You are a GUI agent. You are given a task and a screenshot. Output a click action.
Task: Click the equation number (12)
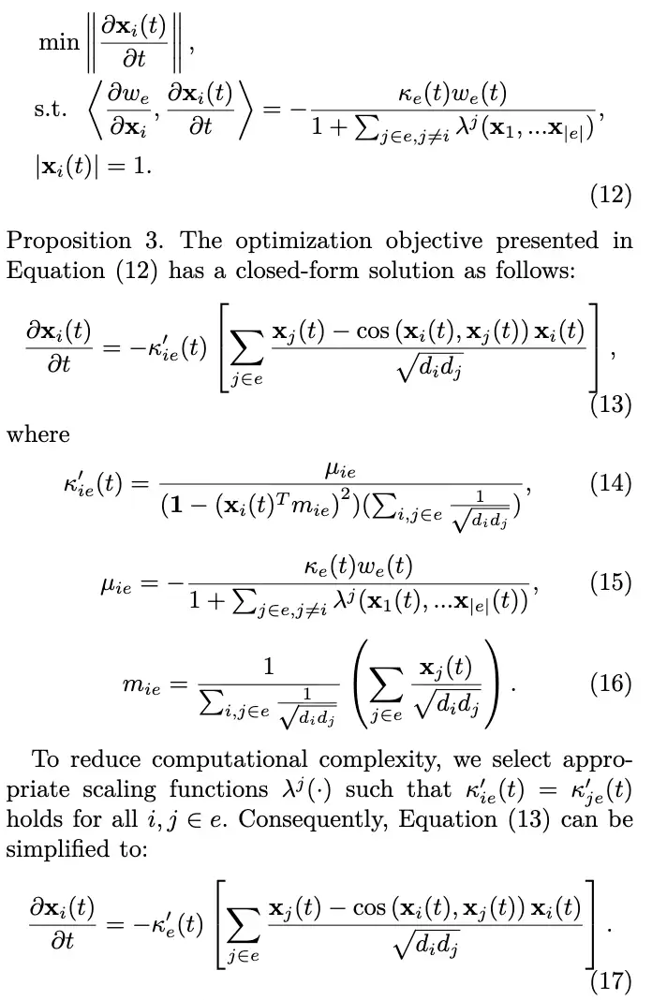(x=611, y=195)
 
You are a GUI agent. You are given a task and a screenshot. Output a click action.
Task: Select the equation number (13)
(x=611, y=404)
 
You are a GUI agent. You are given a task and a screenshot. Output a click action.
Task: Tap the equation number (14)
(x=611, y=483)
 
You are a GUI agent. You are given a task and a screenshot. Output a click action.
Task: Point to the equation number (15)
(x=611, y=582)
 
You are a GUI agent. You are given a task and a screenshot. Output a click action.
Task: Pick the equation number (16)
(x=611, y=683)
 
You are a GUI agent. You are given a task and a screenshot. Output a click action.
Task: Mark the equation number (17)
(x=611, y=980)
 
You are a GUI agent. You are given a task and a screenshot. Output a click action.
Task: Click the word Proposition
(x=68, y=242)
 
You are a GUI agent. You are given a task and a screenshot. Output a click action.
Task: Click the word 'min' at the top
(x=59, y=42)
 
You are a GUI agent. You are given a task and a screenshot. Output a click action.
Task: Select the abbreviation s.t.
(x=50, y=109)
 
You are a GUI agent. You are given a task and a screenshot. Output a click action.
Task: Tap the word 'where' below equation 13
(x=38, y=435)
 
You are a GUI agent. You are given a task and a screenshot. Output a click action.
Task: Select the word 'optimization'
(x=304, y=242)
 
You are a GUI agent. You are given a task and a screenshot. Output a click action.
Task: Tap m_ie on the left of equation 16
(x=141, y=686)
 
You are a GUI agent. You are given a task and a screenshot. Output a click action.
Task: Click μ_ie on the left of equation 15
(x=115, y=585)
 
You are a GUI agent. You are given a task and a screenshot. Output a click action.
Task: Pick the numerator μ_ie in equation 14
(x=340, y=471)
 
